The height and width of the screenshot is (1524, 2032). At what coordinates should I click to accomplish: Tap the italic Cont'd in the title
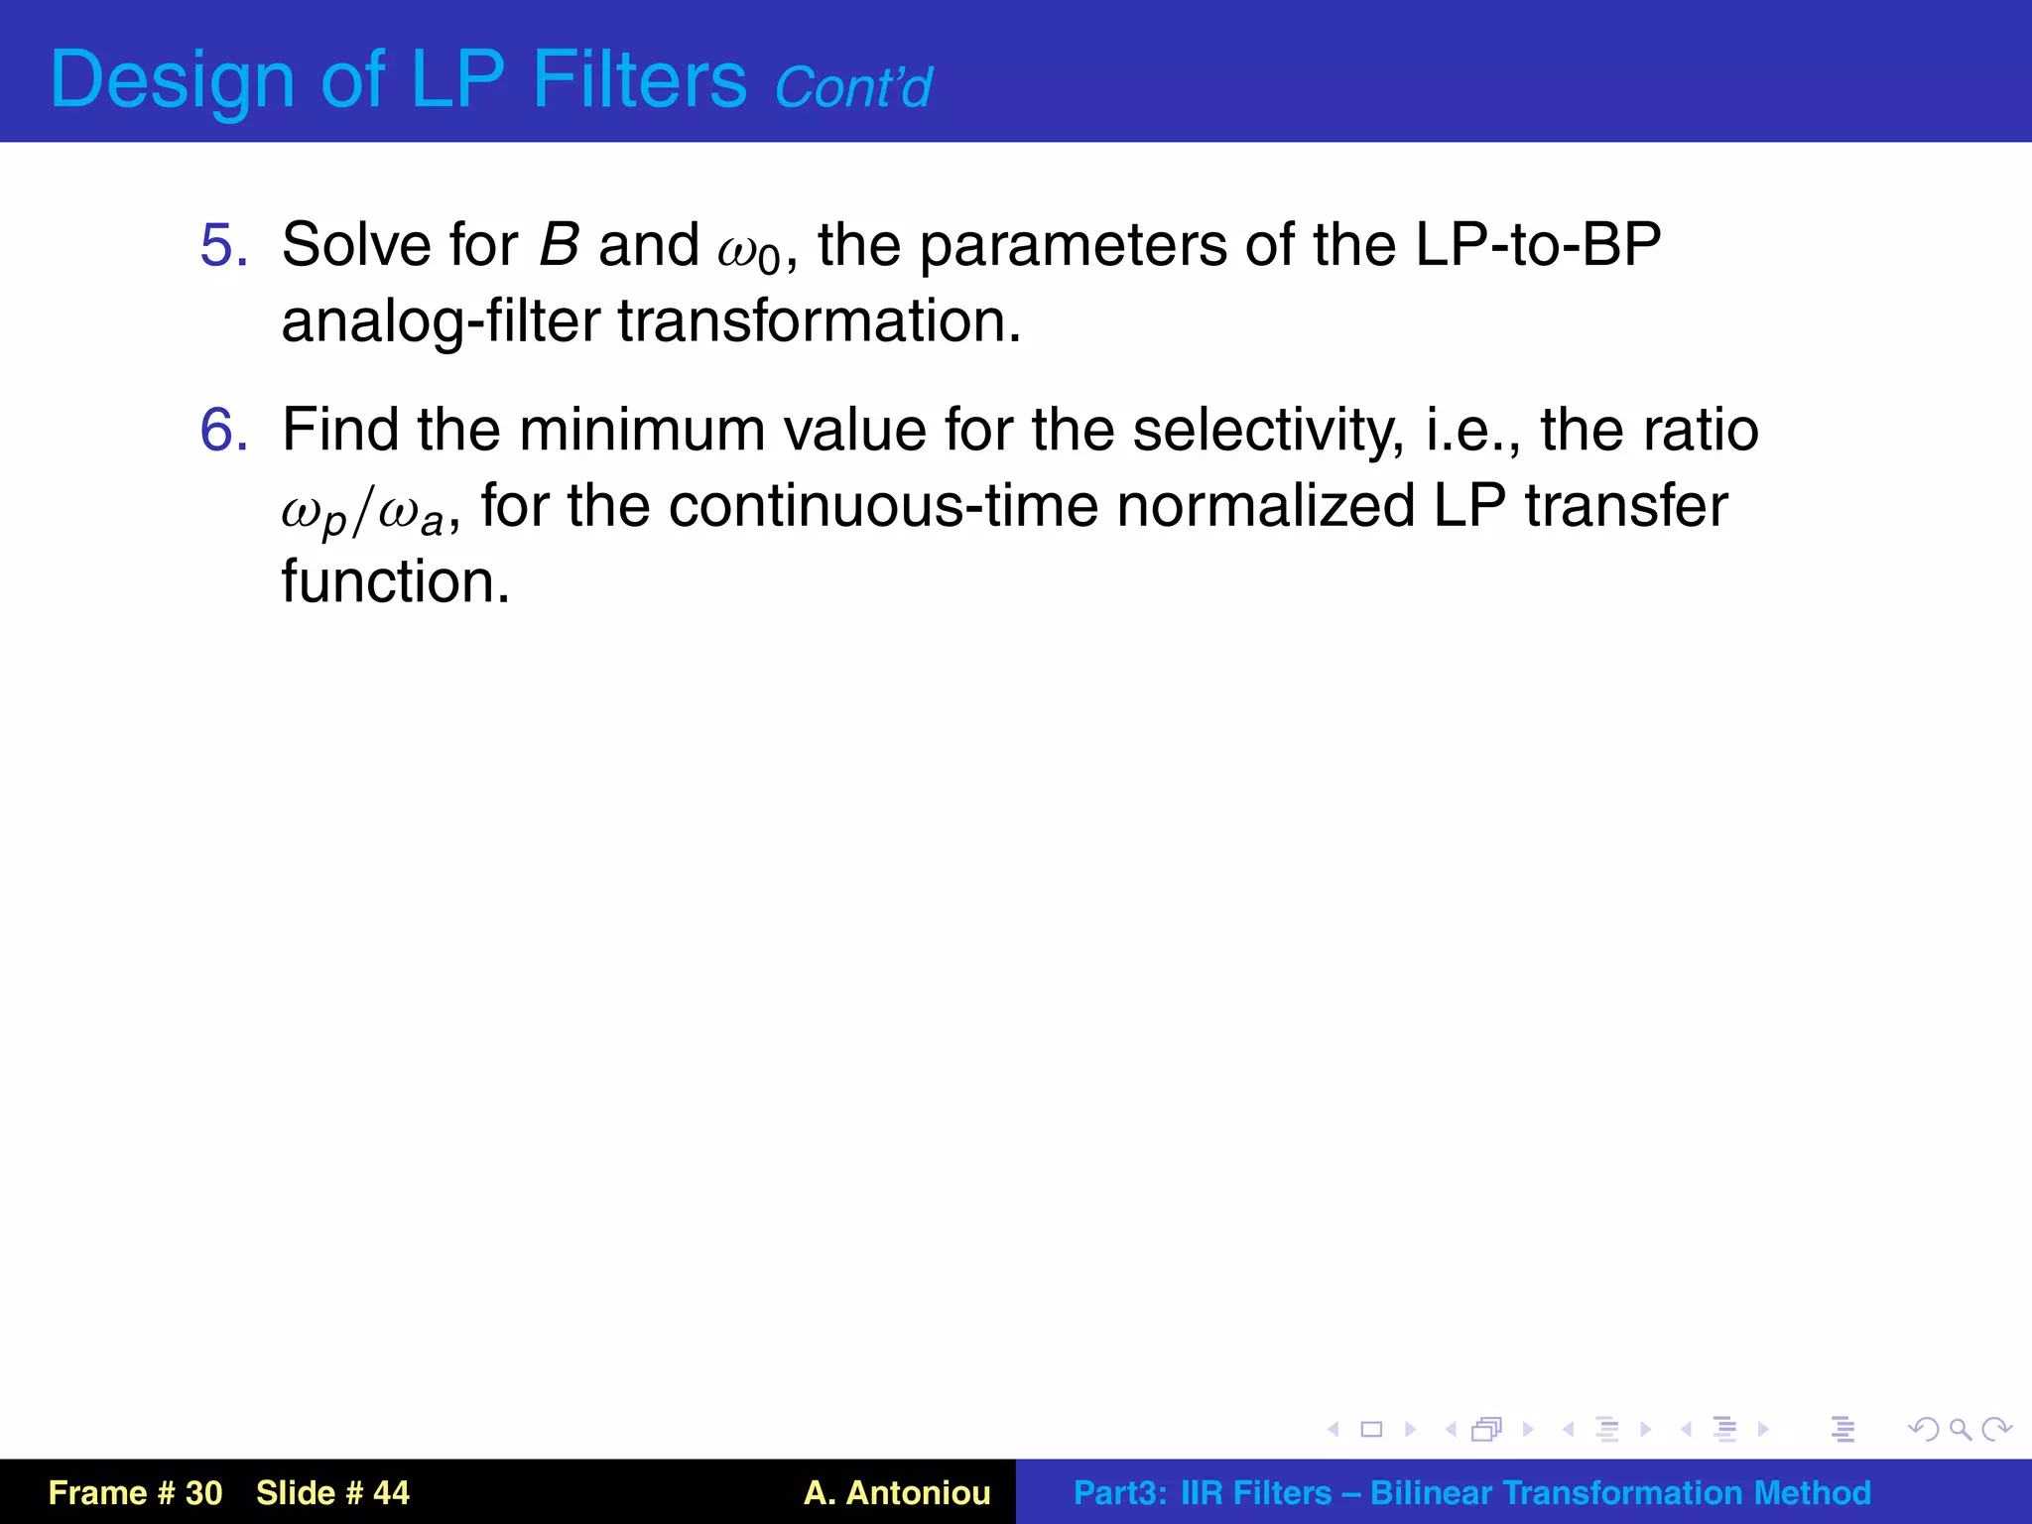[852, 87]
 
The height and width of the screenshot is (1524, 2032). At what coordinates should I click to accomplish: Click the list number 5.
[223, 245]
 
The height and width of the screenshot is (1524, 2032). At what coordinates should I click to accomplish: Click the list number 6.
[223, 430]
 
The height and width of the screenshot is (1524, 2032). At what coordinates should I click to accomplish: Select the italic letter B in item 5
[559, 245]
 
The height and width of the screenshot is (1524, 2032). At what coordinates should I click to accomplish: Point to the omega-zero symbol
[749, 250]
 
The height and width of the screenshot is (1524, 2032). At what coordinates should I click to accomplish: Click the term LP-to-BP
[1537, 245]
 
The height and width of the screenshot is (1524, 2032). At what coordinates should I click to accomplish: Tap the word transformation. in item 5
[820, 321]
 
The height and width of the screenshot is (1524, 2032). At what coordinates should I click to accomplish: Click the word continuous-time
[883, 506]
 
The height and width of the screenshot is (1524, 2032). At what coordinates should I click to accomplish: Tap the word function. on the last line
[395, 581]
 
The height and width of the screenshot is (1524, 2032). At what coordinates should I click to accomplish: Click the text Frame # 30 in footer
[135, 1492]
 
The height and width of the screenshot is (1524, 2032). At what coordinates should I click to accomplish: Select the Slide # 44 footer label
[332, 1492]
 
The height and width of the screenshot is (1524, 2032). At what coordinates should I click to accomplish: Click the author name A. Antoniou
[897, 1492]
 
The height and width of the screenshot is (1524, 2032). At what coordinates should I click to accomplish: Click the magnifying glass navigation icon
[1960, 1429]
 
